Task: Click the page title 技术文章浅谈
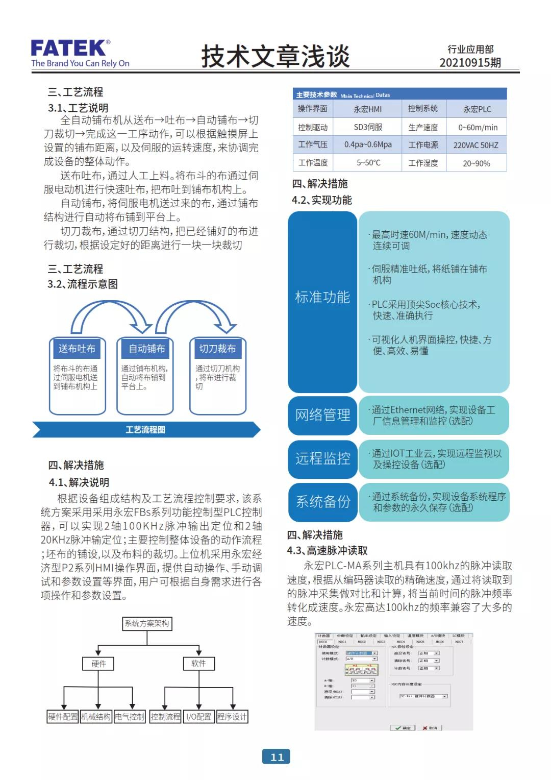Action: (x=275, y=56)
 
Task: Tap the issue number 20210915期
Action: (x=470, y=63)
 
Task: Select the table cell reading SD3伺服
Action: (x=368, y=127)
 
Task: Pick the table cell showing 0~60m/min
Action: (x=477, y=128)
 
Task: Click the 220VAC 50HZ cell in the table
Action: (x=475, y=145)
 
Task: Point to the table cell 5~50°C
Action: (x=368, y=163)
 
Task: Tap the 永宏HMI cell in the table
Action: (x=367, y=109)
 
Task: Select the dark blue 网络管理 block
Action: (x=322, y=415)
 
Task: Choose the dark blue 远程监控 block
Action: (x=322, y=458)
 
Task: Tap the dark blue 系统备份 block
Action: (x=322, y=502)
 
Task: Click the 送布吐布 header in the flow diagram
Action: (x=77, y=349)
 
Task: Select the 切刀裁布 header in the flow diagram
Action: (x=217, y=349)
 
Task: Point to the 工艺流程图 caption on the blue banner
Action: (x=145, y=430)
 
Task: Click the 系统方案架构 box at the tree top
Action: (x=147, y=623)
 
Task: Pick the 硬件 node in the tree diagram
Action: (x=98, y=664)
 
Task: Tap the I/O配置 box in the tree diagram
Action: (x=198, y=717)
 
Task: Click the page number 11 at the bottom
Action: (x=277, y=757)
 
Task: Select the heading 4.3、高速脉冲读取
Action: (x=327, y=550)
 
